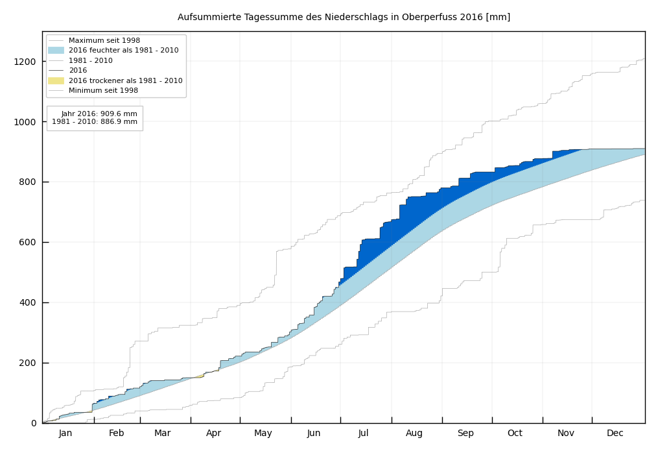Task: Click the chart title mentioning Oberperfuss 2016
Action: [x=344, y=18]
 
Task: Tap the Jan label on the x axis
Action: [x=65, y=433]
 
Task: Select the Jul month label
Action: [x=363, y=433]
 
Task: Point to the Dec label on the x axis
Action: [x=615, y=433]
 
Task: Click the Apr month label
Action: [x=213, y=433]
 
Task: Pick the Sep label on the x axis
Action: [x=465, y=433]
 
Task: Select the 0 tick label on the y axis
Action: [x=34, y=423]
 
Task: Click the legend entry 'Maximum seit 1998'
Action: [x=104, y=40]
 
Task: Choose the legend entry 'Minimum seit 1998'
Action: [x=103, y=91]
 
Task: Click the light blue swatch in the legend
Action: [x=56, y=51]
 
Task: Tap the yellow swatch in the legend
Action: [x=56, y=80]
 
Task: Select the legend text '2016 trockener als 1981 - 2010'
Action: [x=125, y=80]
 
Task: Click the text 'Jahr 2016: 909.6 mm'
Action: [x=99, y=114]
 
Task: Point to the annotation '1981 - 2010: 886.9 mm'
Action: [x=95, y=122]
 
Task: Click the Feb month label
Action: [x=116, y=433]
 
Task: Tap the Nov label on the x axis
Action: [x=566, y=433]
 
